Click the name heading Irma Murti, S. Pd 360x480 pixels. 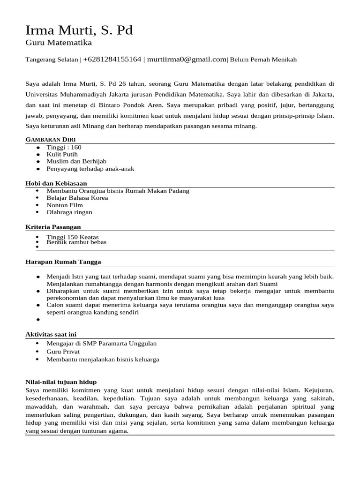[x=79, y=30]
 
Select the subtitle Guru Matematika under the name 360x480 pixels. [x=59, y=43]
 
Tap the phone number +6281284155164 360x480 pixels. [x=112, y=60]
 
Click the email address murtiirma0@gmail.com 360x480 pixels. [x=187, y=60]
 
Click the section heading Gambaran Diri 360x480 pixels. [x=51, y=140]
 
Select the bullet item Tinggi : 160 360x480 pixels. [x=64, y=147]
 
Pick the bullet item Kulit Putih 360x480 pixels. [x=62, y=154]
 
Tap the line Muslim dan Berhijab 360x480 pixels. [x=73, y=161]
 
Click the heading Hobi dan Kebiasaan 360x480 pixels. [x=56, y=183]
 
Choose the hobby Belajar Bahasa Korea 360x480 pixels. [x=77, y=198]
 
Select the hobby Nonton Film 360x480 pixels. [x=65, y=205]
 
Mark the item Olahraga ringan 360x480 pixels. [x=69, y=212]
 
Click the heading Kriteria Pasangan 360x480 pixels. [x=53, y=227]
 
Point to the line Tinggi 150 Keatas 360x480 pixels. [x=73, y=237]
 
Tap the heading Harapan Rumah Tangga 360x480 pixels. [x=63, y=262]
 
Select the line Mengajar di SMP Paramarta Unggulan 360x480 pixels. [x=101, y=344]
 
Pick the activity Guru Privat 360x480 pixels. [x=63, y=351]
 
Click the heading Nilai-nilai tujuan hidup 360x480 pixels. [x=60, y=382]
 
